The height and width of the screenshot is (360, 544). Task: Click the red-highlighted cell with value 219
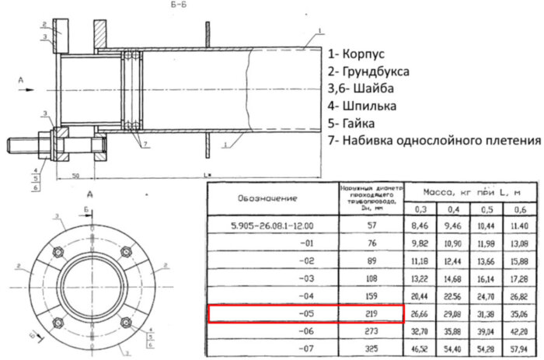[369, 314]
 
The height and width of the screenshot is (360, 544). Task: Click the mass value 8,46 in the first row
[420, 225]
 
